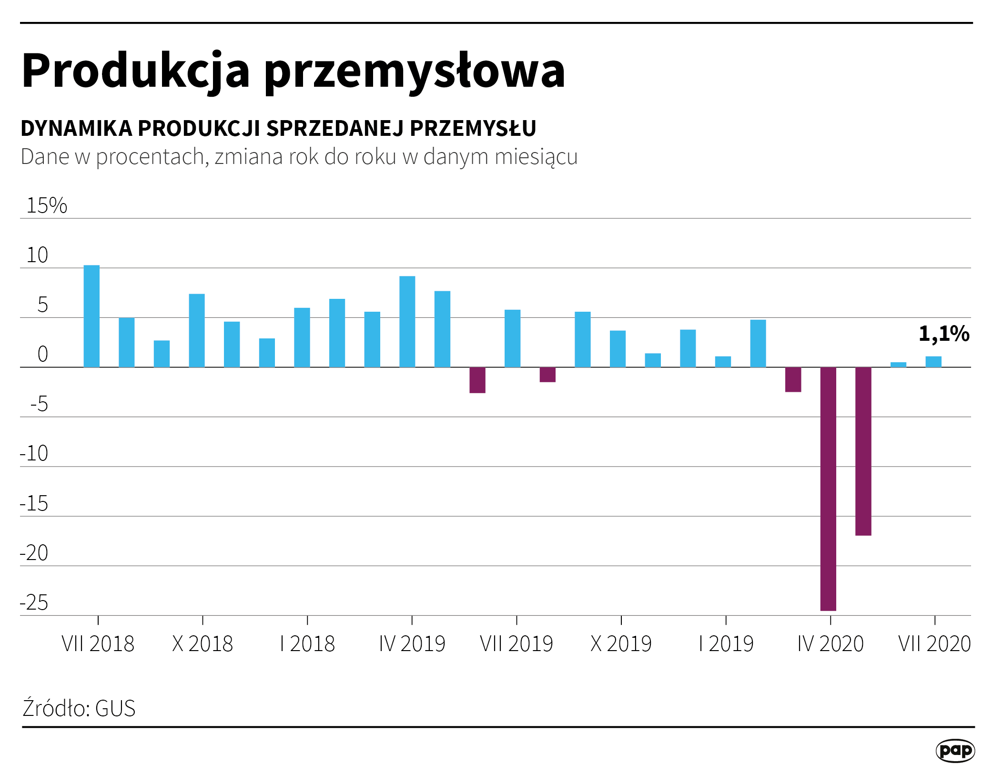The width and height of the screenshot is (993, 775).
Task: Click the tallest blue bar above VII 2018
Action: pos(91,316)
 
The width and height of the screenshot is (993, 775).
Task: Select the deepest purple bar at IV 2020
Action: pos(828,489)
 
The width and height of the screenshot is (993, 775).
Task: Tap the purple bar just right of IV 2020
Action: pos(863,451)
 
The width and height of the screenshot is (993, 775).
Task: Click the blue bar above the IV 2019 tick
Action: pos(407,322)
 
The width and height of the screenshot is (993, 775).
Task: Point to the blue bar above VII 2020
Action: pos(933,362)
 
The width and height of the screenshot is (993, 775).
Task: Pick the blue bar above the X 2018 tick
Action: pos(197,330)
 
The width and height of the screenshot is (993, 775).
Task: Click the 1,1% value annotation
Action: pos(943,334)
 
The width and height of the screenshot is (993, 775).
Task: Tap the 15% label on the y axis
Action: pos(47,205)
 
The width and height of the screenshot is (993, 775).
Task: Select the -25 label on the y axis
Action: pos(34,603)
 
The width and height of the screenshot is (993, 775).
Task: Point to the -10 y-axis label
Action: pos(34,453)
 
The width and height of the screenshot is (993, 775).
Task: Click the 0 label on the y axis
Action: pos(43,354)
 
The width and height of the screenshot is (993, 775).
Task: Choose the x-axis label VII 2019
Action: pos(517,644)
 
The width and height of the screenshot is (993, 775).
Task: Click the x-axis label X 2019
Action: pos(621,644)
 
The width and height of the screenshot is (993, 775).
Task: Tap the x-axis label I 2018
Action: pos(307,644)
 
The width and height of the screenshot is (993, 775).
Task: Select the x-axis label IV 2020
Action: pos(831,644)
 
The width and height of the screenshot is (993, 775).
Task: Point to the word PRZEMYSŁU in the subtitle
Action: pos(473,128)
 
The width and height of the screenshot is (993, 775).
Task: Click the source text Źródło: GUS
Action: pos(79,708)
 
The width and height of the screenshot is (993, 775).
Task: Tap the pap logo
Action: pos(955,751)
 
